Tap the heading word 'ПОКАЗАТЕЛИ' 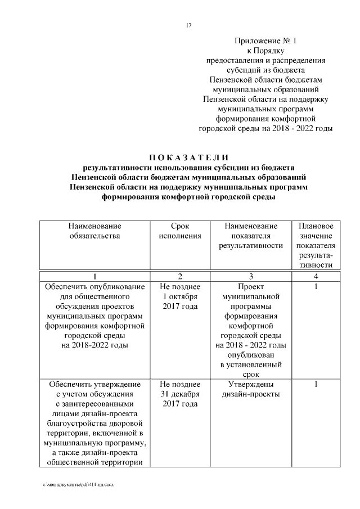(x=188, y=156)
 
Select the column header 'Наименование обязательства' (x=94, y=231)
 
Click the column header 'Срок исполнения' (x=177, y=231)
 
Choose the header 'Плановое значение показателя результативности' (x=316, y=245)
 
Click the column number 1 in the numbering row (x=94, y=276)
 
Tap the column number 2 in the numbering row (x=179, y=276)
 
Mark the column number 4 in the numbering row (x=316, y=276)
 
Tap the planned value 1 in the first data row (x=316, y=287)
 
